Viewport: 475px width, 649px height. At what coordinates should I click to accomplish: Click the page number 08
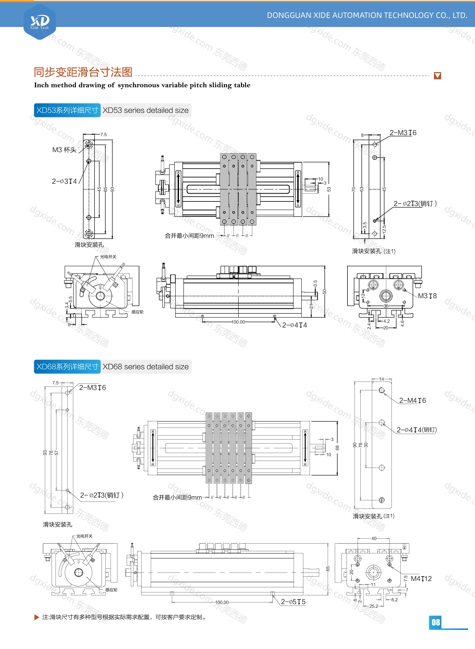(x=436, y=622)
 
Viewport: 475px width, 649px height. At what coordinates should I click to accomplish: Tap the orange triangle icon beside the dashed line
(x=437, y=76)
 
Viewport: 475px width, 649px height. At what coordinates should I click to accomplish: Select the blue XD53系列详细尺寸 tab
(x=67, y=110)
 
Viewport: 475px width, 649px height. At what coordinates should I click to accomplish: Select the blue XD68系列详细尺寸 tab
(x=67, y=366)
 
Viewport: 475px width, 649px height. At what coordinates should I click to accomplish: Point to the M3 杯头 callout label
(x=64, y=150)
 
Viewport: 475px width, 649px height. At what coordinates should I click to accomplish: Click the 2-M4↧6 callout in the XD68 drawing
(x=412, y=400)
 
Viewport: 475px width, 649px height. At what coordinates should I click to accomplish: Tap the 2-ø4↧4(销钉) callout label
(x=416, y=430)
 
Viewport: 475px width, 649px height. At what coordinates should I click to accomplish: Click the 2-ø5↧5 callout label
(x=293, y=602)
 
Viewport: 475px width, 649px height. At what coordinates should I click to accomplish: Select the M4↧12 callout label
(x=421, y=579)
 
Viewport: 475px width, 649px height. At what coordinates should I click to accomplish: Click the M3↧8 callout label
(x=427, y=296)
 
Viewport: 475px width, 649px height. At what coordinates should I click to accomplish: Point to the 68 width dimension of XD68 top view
(x=337, y=448)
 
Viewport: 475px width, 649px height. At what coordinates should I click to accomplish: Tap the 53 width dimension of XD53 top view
(x=329, y=189)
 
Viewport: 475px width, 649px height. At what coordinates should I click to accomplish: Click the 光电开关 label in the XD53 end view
(x=108, y=257)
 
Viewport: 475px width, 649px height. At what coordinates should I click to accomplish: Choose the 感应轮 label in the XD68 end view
(x=111, y=590)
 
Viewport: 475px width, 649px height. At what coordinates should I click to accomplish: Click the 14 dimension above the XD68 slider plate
(x=382, y=379)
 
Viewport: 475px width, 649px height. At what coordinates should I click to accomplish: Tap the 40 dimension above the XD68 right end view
(x=374, y=538)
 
